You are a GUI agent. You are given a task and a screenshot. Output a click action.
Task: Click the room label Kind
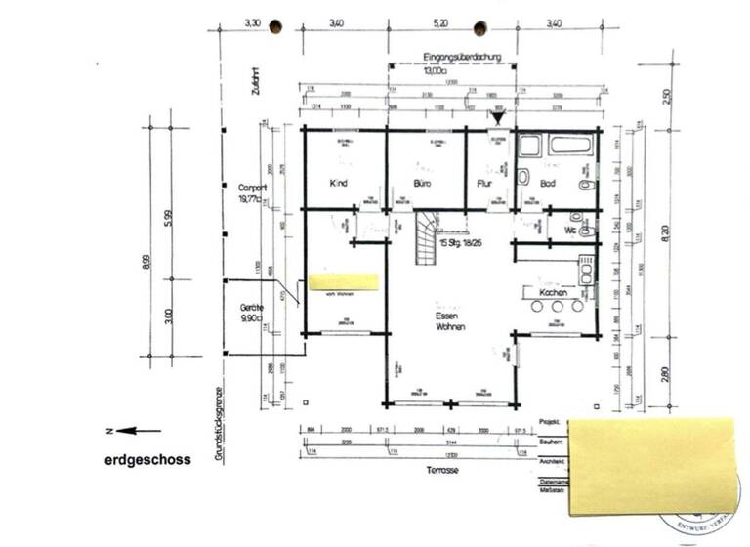point(340,184)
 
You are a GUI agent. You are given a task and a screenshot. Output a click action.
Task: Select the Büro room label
point(423,184)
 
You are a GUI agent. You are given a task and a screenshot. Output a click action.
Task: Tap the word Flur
point(483,184)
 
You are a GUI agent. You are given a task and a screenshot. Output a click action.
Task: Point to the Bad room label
point(548,184)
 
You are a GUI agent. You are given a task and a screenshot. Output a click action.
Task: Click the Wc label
point(569,231)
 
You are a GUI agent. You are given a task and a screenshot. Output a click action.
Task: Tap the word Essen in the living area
point(450,316)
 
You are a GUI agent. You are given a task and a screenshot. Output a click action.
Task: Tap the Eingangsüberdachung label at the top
point(462,59)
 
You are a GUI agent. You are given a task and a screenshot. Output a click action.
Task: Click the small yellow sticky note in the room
point(343,282)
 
